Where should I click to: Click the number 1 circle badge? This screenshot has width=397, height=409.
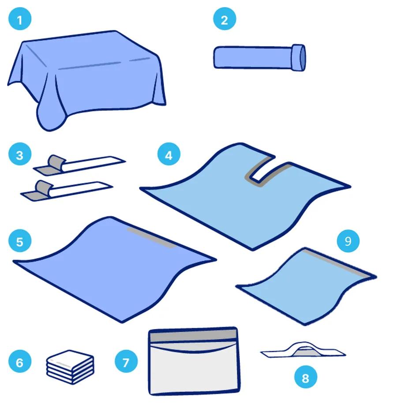point(20,19)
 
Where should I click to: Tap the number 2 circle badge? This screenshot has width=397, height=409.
point(225,19)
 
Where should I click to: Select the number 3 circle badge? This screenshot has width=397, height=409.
point(20,154)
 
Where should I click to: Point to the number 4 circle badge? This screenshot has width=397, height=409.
point(169,154)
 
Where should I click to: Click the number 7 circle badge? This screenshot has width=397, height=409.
point(126,361)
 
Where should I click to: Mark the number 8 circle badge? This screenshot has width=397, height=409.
point(306,377)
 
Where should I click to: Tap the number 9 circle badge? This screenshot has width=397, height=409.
point(348,240)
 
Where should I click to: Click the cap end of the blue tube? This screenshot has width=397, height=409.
point(299,57)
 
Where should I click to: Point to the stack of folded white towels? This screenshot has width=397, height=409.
point(70,367)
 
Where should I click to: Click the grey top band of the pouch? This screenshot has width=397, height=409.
point(193,335)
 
